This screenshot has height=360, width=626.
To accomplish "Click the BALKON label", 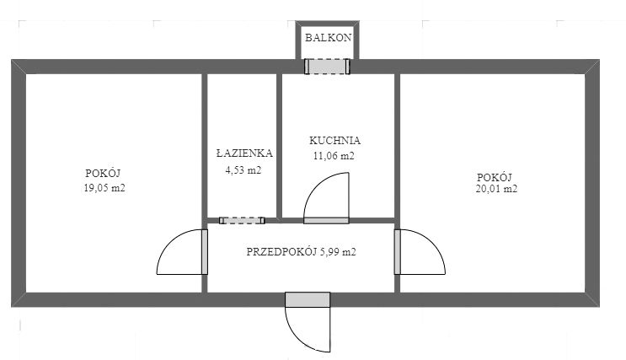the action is coord(329,38).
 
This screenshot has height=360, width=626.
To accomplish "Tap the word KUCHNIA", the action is coord(334,141).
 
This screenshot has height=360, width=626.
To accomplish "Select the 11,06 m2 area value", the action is coord(334,156).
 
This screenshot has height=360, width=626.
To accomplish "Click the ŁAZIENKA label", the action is coord(244,153).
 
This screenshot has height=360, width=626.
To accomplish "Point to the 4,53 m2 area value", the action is coord(243,170).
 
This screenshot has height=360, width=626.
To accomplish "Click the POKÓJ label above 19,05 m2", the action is coord(103,173).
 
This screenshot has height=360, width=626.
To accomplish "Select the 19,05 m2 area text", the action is coord(104,188).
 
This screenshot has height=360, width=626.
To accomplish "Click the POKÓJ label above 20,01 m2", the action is coord(495,177).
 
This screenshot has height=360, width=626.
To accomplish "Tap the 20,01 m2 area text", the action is coord(496,189).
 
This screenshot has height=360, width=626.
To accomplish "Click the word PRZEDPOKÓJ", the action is coord(281,252).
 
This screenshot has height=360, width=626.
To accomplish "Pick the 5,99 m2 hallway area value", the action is coord(338,252).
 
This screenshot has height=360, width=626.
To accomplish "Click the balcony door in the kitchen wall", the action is coord(328,67).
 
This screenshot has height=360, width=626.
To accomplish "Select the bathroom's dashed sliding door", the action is coord(242,221).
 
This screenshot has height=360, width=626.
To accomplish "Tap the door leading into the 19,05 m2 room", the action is coord(205,252).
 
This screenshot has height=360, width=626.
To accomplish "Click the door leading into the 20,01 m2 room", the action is coord(398,252).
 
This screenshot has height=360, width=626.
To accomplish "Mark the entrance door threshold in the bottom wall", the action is coord(308,299).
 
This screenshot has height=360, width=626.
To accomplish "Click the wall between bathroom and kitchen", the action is coord(280,146).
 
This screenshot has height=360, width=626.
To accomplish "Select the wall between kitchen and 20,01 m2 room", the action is coord(397,146).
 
